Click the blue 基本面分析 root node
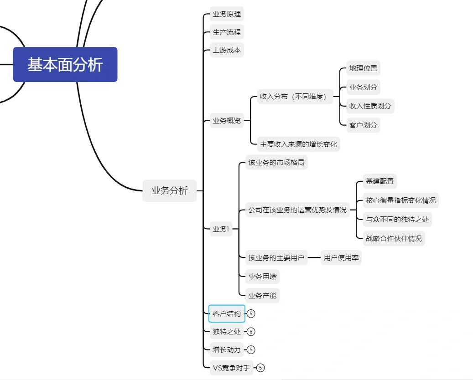click(65, 64)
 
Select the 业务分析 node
click(170, 191)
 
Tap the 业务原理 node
click(227, 14)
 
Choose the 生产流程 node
click(227, 32)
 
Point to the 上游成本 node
click(227, 50)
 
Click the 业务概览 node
click(227, 121)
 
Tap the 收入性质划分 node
click(370, 106)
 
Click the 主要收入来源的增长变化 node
click(298, 144)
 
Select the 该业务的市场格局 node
click(276, 162)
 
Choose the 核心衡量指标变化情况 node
click(400, 200)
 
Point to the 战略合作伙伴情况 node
click(394, 238)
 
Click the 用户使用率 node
click(341, 257)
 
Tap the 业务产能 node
click(262, 295)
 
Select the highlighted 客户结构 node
click(227, 313)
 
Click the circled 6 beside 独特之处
click(251, 332)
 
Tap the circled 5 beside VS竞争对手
click(260, 367)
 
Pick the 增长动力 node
click(227, 349)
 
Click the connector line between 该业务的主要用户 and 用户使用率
click(314, 257)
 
